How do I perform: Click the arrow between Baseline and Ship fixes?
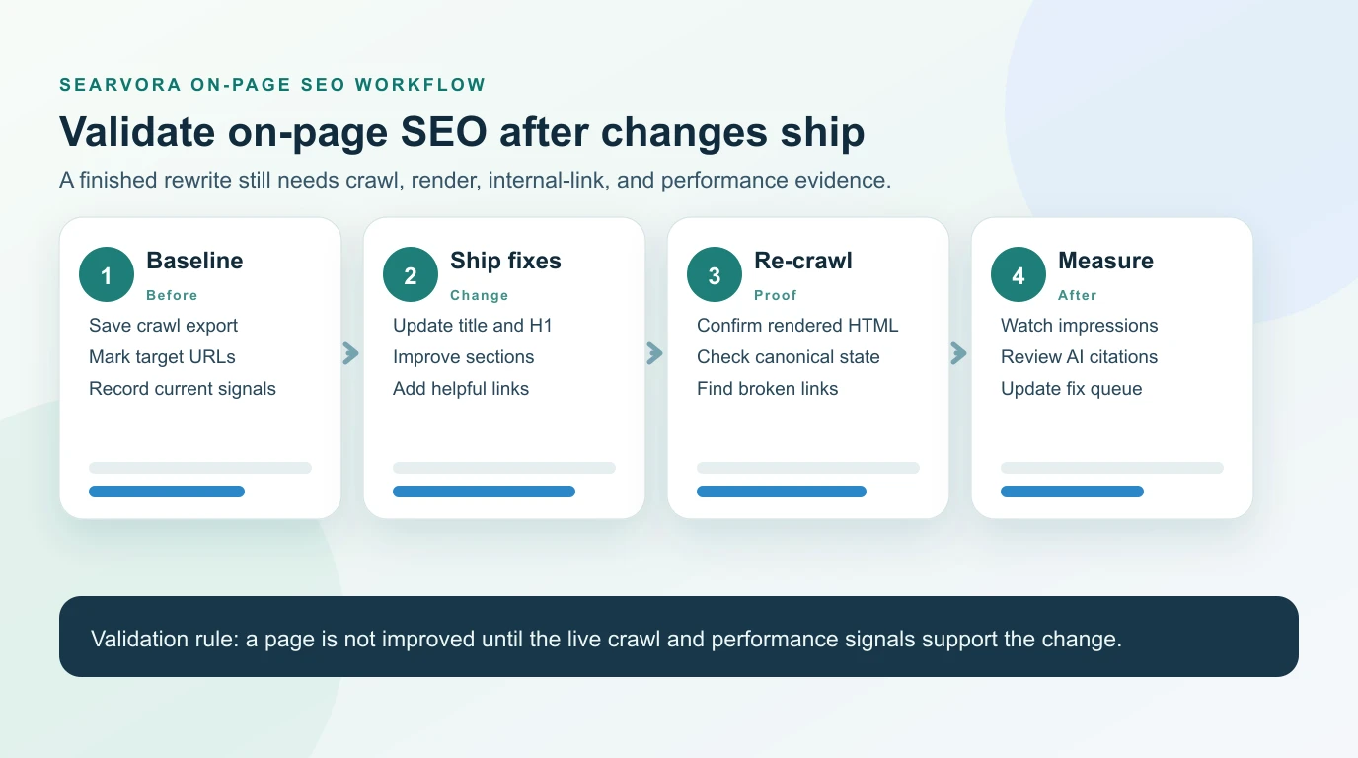click(351, 353)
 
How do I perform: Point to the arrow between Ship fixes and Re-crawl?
click(655, 353)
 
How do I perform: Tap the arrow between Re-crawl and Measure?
click(959, 353)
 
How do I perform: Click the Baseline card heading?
click(194, 261)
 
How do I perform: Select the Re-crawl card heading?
click(802, 261)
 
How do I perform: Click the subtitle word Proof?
click(775, 295)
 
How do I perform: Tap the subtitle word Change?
click(479, 295)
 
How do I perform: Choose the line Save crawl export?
click(163, 326)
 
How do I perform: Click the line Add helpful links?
click(461, 389)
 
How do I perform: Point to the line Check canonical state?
click(788, 357)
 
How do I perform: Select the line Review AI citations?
click(1079, 357)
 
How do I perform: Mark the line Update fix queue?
click(1071, 389)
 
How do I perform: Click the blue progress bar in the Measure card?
click(1072, 492)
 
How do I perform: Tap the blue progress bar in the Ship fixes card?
click(484, 492)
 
